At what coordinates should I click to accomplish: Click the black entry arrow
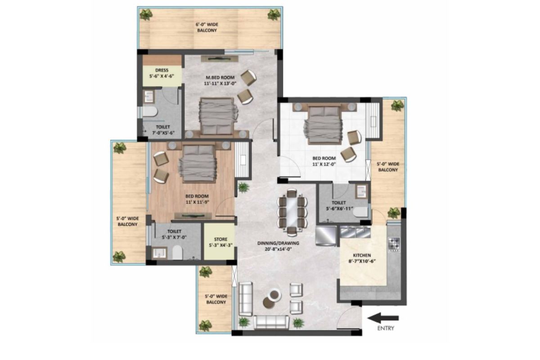click(x=383, y=318)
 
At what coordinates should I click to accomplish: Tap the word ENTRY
click(x=386, y=328)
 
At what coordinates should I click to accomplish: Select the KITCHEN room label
click(x=362, y=255)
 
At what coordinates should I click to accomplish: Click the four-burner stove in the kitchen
click(x=394, y=245)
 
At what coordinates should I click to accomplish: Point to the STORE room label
click(x=220, y=239)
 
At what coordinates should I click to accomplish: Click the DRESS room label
click(x=162, y=70)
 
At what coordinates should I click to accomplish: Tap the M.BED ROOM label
click(x=220, y=77)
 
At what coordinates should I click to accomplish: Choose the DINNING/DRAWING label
click(x=278, y=243)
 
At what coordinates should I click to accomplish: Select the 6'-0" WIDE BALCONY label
click(x=207, y=27)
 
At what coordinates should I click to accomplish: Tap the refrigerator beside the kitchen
click(x=326, y=236)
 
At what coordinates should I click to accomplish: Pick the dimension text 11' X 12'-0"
click(x=324, y=164)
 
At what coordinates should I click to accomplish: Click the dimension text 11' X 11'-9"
click(x=197, y=202)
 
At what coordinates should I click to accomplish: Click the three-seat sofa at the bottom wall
click(x=271, y=322)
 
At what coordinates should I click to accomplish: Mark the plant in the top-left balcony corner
click(x=146, y=14)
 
